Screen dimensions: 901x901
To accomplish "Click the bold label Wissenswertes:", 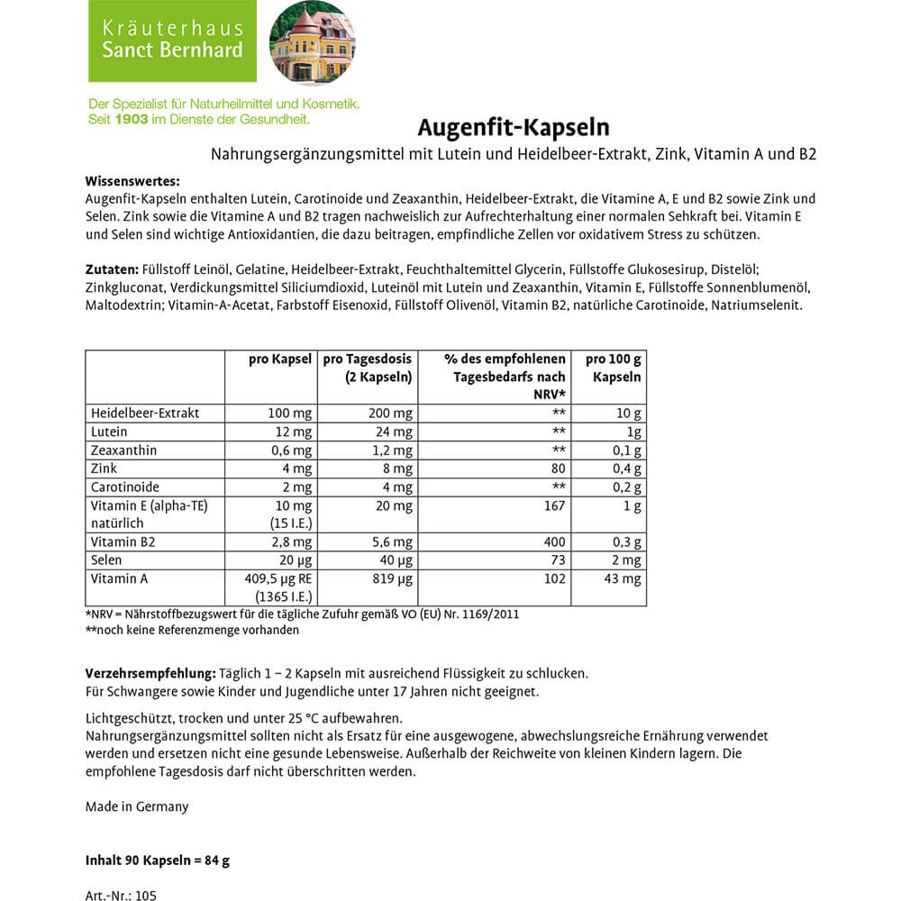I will pyautogui.click(x=132, y=181).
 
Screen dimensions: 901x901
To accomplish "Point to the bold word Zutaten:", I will pyautogui.click(x=111, y=269).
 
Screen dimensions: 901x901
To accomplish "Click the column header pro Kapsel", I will pyautogui.click(x=280, y=359).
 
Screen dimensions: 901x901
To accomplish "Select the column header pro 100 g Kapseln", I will pyautogui.click(x=614, y=368).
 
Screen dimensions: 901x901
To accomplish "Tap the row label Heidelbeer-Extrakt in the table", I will pyautogui.click(x=145, y=413).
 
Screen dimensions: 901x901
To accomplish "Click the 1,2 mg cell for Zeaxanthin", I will pyautogui.click(x=393, y=450).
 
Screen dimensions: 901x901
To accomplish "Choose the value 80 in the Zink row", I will pyautogui.click(x=558, y=469).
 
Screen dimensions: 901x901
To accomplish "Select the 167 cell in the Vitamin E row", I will pyautogui.click(x=555, y=505).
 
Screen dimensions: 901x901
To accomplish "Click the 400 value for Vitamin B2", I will pyautogui.click(x=555, y=542).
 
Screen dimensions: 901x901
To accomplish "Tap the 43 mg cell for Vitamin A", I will pyautogui.click(x=623, y=578).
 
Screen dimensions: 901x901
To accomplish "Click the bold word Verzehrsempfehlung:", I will pyautogui.click(x=150, y=674).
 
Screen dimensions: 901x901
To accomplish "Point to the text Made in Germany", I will pyautogui.click(x=137, y=806).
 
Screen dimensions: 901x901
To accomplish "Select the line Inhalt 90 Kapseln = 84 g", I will pyautogui.click(x=158, y=860).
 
